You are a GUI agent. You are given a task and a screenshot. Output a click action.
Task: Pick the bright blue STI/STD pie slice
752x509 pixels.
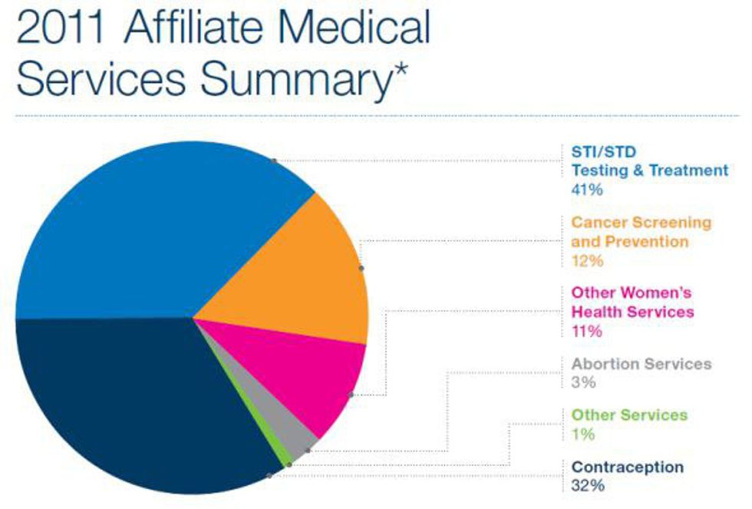[153, 223]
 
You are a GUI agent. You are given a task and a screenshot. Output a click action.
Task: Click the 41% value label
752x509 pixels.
[587, 189]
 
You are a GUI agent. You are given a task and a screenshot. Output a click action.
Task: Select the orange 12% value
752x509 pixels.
[587, 261]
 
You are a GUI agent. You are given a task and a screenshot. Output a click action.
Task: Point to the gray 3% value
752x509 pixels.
[583, 382]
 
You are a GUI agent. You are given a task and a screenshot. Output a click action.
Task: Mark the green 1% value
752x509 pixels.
[582, 434]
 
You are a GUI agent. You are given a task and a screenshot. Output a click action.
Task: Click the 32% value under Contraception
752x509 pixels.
[588, 485]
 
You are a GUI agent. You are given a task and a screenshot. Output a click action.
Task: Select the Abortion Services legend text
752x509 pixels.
[642, 364]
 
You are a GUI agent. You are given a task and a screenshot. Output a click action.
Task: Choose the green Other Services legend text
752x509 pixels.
[629, 415]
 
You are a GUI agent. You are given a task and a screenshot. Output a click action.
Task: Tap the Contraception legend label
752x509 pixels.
[627, 467]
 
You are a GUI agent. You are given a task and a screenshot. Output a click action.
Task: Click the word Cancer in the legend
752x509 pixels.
[598, 223]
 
